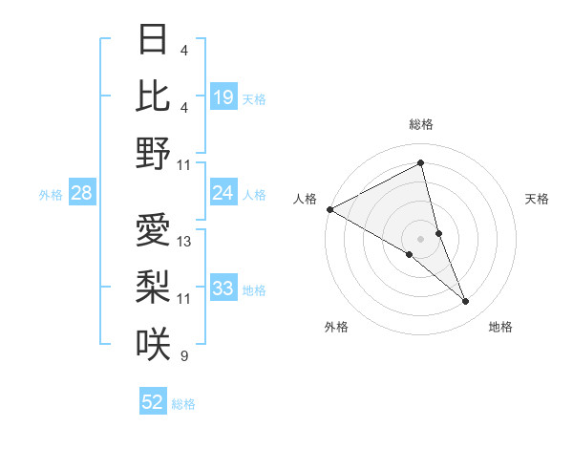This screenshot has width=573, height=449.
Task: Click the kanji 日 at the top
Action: (x=153, y=40)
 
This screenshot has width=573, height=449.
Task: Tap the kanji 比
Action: (x=153, y=96)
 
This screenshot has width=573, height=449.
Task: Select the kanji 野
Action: (x=153, y=153)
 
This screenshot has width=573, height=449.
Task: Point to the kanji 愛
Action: (x=153, y=231)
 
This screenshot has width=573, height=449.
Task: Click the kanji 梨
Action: (x=153, y=288)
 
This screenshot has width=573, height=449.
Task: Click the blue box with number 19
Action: (x=223, y=97)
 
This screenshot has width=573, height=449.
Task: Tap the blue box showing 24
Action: (x=223, y=193)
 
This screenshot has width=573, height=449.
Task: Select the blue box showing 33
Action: (x=223, y=289)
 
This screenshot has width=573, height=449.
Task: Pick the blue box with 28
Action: (x=82, y=193)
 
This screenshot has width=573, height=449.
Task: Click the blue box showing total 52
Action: (x=153, y=402)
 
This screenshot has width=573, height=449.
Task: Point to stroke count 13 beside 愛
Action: (x=184, y=242)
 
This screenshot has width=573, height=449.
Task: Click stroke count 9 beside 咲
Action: (x=183, y=356)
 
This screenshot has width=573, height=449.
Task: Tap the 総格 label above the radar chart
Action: (x=421, y=124)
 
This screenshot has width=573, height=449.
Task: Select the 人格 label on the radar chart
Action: (x=306, y=199)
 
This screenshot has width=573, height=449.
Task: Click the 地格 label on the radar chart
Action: (x=500, y=327)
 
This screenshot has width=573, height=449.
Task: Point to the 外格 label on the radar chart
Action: (x=336, y=327)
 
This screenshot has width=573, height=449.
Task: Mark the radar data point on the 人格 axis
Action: (x=329, y=209)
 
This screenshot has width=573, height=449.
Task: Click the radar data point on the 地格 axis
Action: (x=466, y=301)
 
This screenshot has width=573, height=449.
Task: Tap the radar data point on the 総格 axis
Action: (x=421, y=163)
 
